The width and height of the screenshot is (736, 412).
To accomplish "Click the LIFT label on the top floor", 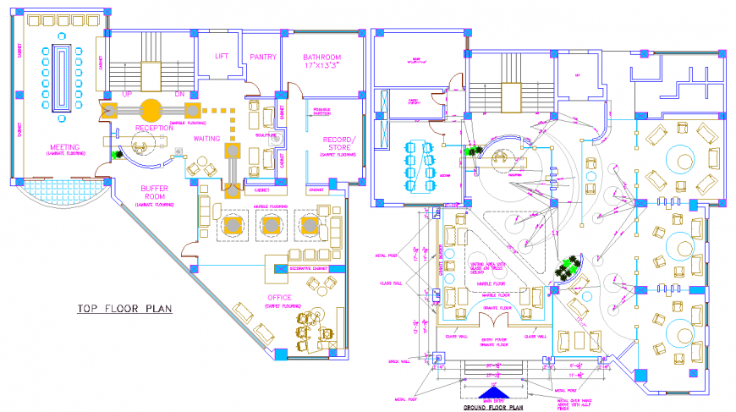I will coord(222,57).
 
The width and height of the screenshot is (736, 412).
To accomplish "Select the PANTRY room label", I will coord(263,58).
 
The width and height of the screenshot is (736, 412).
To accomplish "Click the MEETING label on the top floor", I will coord(65,146).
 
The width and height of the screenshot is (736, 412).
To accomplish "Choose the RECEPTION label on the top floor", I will coord(154,129).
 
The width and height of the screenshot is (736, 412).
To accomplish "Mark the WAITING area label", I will coord(207,138).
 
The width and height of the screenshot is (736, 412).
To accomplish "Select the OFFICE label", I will coord(279,297).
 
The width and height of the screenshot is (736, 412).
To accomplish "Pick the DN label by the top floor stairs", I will coord(179,94).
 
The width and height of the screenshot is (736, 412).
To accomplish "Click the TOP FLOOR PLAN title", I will coord(124,310).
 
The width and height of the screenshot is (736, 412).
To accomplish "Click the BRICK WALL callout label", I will coord(398,360).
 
